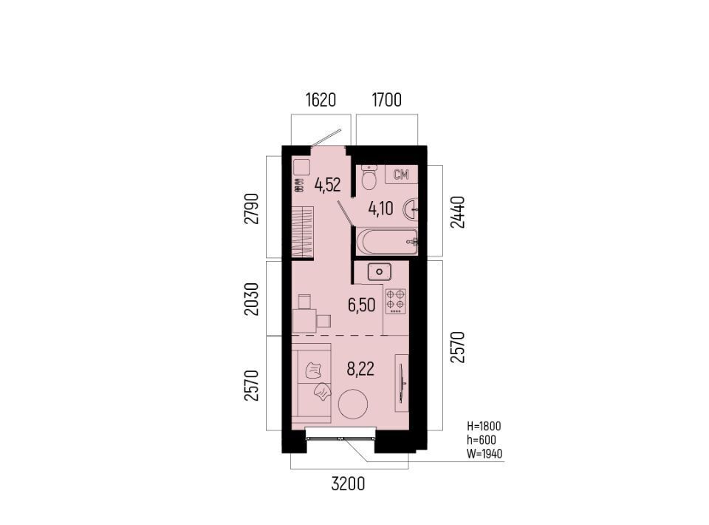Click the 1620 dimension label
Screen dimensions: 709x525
(321, 100)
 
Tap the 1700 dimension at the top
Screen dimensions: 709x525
(386, 100)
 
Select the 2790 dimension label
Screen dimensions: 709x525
(251, 209)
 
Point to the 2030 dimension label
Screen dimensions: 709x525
(251, 299)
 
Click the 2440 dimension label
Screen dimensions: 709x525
(458, 211)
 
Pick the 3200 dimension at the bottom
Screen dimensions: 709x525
(348, 484)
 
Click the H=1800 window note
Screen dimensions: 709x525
(484, 427)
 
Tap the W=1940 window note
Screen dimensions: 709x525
(484, 454)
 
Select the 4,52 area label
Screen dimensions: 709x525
(328, 185)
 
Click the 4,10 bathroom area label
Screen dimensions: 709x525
(381, 209)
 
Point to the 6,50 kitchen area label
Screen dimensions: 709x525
(361, 305)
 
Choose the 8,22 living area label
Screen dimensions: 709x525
(360, 370)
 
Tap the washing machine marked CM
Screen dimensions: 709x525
(401, 175)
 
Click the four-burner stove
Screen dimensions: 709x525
(395, 301)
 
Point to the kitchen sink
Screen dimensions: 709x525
(380, 272)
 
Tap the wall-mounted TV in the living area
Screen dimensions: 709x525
(402, 383)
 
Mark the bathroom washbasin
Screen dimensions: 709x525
(412, 209)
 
